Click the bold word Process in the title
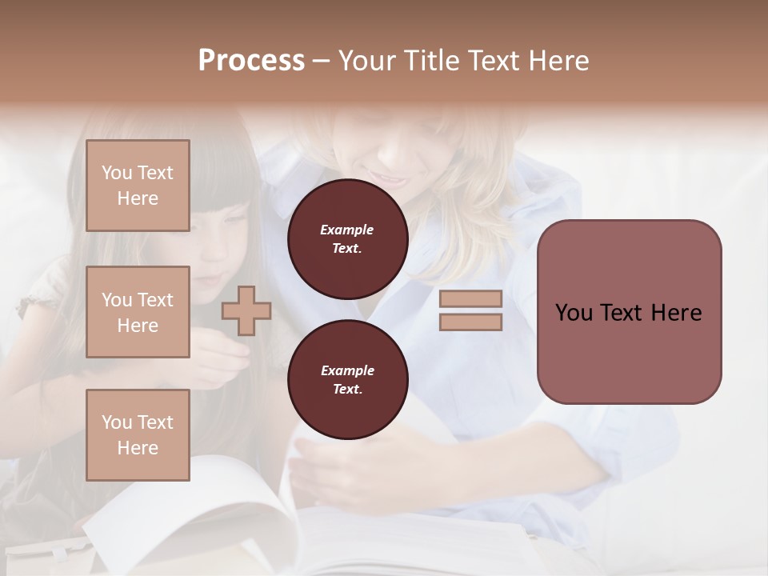coord(251,61)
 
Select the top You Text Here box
coord(138,186)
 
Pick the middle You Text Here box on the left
coord(138,312)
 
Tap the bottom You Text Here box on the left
coord(138,435)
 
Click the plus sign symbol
coord(246,311)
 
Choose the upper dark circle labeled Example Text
coord(347,239)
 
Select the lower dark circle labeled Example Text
coord(347,380)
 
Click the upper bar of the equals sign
coord(470,299)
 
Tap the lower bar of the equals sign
coord(470,322)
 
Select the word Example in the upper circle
coord(347,230)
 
